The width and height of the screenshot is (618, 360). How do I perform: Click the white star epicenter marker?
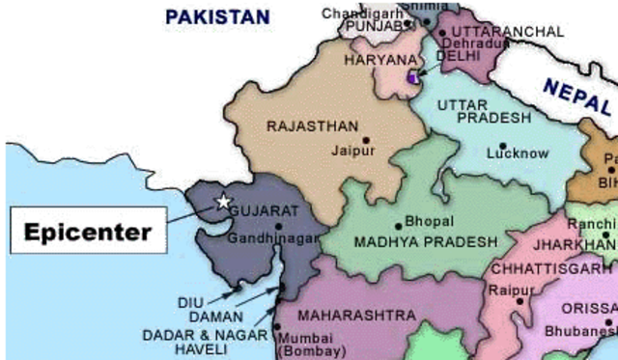click(224, 202)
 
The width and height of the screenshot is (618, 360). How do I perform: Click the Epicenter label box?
click(88, 233)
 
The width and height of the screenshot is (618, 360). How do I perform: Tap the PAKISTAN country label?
click(217, 16)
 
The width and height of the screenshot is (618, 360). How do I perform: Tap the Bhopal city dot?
click(398, 227)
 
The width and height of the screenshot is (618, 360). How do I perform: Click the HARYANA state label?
click(379, 60)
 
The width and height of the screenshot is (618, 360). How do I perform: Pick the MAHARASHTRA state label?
click(356, 316)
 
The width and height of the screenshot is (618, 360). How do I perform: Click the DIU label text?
click(191, 302)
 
